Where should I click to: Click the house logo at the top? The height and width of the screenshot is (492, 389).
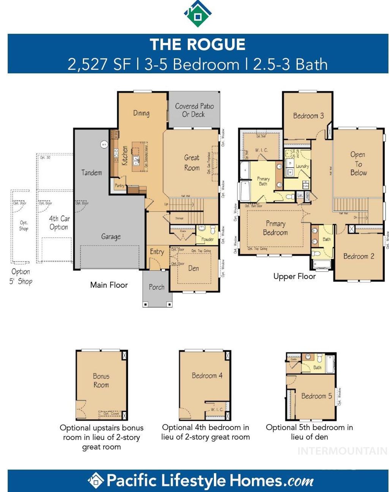click(x=198, y=14)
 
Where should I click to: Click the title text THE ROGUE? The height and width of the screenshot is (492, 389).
click(x=198, y=44)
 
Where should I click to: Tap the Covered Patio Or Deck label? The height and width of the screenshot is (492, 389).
click(x=194, y=110)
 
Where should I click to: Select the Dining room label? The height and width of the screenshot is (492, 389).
click(x=141, y=113)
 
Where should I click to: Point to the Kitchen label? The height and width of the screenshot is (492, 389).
click(x=125, y=156)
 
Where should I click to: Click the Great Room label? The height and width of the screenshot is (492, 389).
click(x=192, y=162)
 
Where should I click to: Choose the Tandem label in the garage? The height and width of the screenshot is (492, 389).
click(x=92, y=173)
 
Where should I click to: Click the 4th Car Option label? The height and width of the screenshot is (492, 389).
click(x=59, y=223)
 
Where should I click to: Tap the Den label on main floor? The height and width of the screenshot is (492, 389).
click(x=194, y=268)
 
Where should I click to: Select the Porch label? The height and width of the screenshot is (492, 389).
click(x=157, y=287)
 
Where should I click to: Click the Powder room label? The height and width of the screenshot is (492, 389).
click(x=207, y=240)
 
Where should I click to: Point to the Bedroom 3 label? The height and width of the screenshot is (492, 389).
click(x=308, y=116)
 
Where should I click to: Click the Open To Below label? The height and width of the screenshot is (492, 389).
click(x=358, y=164)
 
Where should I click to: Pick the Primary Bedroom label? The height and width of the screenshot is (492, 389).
click(x=275, y=228)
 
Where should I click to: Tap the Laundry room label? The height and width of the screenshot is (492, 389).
click(x=302, y=166)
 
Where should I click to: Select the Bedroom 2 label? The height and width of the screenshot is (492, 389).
click(x=359, y=256)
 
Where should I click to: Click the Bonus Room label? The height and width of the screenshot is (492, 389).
click(x=101, y=380)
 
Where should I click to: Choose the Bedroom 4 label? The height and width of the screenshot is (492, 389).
click(x=207, y=375)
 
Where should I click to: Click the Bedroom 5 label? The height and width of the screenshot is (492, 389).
click(x=316, y=396)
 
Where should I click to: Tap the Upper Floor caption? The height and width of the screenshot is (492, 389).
click(x=294, y=276)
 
